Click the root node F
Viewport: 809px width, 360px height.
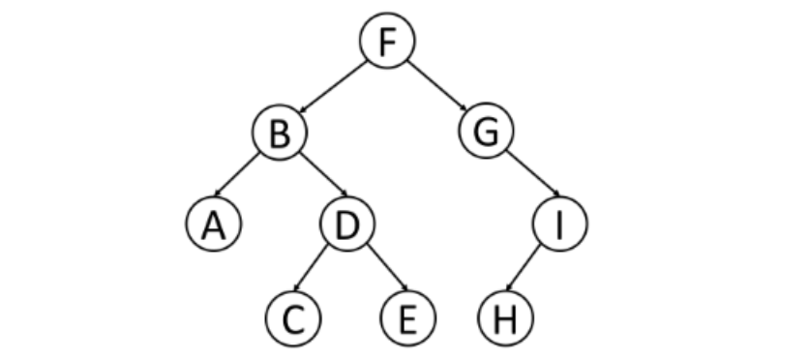(387, 41)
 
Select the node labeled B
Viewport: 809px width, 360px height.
(280, 132)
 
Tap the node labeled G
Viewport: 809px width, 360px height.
(486, 131)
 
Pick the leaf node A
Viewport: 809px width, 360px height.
(214, 224)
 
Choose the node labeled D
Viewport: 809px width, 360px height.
(347, 224)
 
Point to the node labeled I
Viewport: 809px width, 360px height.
(559, 224)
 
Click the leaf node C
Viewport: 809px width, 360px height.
(293, 318)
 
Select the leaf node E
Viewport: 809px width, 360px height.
(407, 318)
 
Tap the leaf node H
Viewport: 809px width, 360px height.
(505, 318)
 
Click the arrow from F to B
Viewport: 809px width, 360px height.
(333, 87)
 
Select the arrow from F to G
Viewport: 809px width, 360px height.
(437, 85)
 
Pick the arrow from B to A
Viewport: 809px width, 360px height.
(236, 174)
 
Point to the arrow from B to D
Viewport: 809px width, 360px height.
(323, 174)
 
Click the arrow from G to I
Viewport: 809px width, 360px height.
(533, 173)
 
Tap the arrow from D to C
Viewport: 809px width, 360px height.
(310, 268)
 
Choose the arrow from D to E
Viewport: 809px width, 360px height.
(387, 268)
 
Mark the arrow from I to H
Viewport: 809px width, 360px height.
(523, 268)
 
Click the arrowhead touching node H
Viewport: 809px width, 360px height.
(508, 287)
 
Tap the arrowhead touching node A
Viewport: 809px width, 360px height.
(217, 194)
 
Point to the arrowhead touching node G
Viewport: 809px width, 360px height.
(464, 108)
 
